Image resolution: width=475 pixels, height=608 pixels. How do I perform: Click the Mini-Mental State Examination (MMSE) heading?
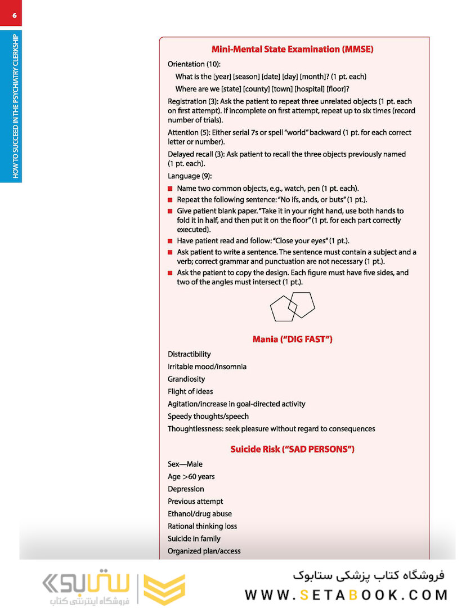tap(292, 49)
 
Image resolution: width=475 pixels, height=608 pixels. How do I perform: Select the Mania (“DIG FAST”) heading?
tap(292, 339)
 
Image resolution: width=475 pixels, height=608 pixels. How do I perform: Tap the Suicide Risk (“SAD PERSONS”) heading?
tap(292, 449)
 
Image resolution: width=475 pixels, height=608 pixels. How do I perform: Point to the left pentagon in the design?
tap(282, 309)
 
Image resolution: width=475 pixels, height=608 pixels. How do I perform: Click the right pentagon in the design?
tap(302, 303)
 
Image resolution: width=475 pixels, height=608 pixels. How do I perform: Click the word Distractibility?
tap(189, 354)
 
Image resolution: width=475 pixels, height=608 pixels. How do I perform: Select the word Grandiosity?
tap(186, 379)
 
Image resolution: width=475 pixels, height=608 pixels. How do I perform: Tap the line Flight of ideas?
tap(190, 391)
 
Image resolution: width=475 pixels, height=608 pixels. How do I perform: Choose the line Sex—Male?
tap(185, 464)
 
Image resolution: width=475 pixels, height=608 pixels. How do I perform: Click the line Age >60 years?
tap(191, 476)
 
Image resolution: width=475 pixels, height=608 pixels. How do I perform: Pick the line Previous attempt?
tap(195, 501)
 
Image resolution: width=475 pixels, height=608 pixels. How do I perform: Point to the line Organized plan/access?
tap(204, 551)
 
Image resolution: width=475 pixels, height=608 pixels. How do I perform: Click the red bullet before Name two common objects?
tap(171, 189)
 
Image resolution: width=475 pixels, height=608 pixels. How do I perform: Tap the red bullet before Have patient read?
tap(171, 241)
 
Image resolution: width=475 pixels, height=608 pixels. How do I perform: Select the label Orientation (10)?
tap(194, 64)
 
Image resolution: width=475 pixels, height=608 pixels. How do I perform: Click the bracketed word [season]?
tap(246, 76)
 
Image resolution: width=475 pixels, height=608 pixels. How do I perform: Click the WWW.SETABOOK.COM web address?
tap(346, 595)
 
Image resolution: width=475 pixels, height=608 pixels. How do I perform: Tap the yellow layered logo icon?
tap(164, 589)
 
